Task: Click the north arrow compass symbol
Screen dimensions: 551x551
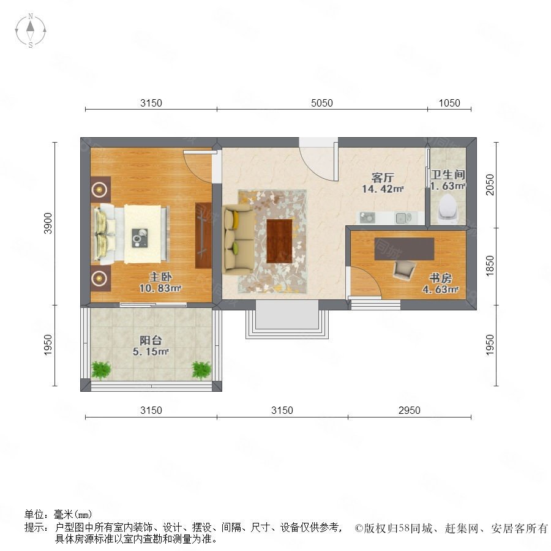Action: (31, 31)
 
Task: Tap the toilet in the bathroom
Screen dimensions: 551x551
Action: (448, 209)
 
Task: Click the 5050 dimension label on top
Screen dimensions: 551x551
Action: (322, 103)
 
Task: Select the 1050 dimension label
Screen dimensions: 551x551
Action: (449, 103)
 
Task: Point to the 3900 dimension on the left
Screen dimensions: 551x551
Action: (48, 223)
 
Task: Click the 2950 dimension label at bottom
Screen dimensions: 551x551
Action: (410, 410)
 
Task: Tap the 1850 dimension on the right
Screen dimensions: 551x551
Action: (490, 266)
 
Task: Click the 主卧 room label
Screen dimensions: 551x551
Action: (160, 277)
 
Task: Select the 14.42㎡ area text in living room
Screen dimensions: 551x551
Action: (383, 189)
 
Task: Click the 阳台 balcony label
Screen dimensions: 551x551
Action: (151, 340)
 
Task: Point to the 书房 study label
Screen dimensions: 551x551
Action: (440, 279)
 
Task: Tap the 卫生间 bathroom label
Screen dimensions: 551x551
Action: (448, 174)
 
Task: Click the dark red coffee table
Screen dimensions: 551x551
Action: (279, 241)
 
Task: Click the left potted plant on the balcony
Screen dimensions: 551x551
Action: (101, 370)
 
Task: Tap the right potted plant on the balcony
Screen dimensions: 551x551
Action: (201, 370)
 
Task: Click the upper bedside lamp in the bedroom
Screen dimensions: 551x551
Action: (99, 189)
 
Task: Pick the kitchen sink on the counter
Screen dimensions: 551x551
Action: (403, 218)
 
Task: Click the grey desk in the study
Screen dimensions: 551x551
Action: (404, 249)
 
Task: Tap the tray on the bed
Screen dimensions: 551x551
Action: (140, 238)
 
